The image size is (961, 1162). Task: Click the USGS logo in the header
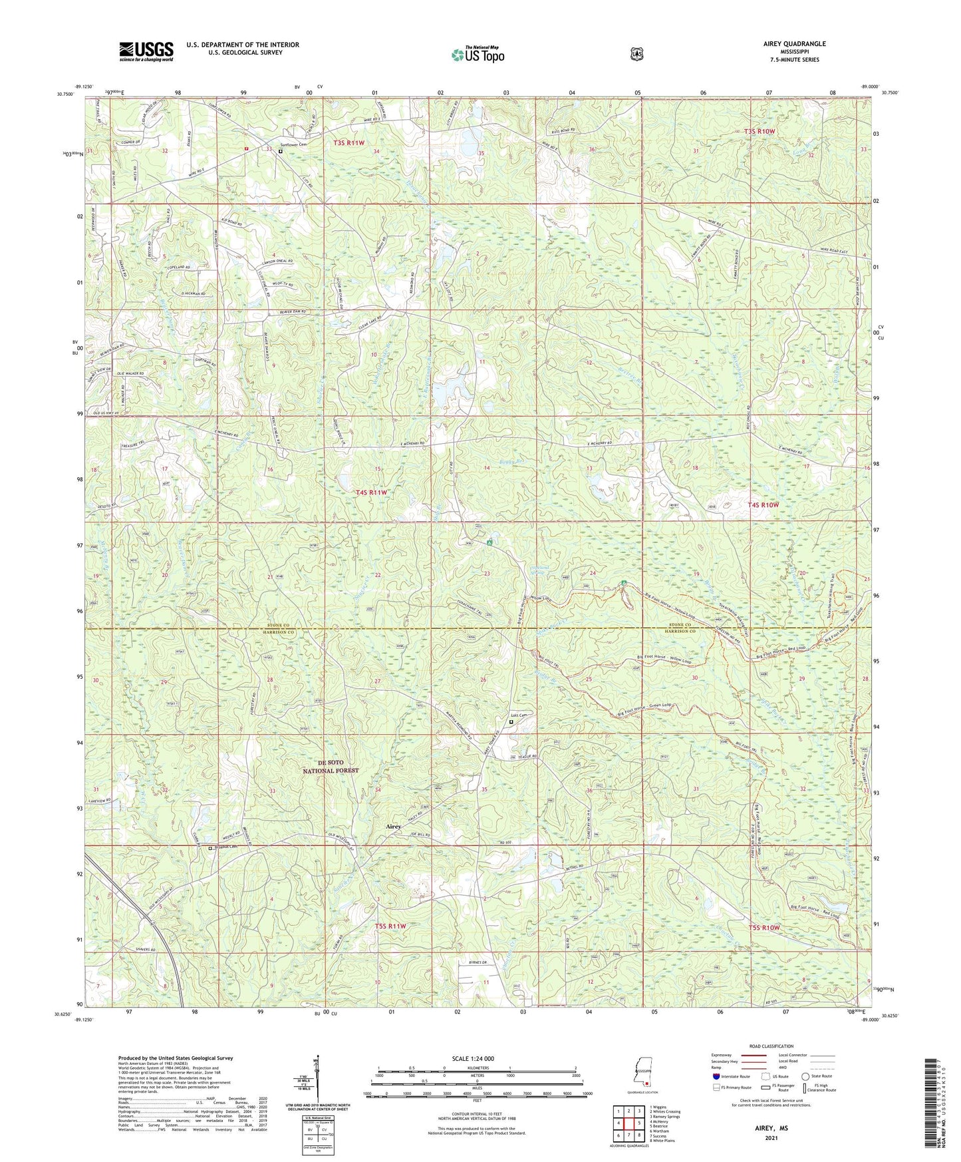pyautogui.click(x=146, y=51)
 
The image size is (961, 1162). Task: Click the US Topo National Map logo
pyautogui.click(x=477, y=55)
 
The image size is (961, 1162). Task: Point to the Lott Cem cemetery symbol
pyautogui.click(x=511, y=721)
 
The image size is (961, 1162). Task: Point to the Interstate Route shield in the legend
pyautogui.click(x=716, y=1076)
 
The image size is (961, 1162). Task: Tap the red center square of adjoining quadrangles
pyautogui.click(x=629, y=1123)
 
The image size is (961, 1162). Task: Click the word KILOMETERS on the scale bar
pyautogui.click(x=477, y=1067)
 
